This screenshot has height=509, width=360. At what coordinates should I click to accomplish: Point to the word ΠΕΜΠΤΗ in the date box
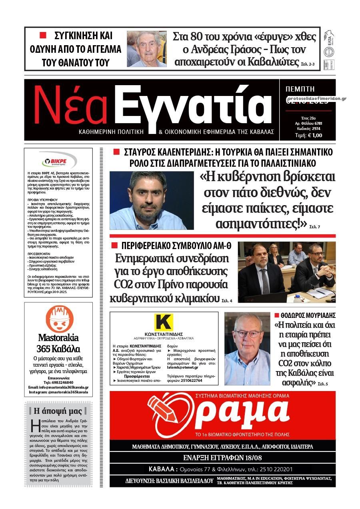[x=300, y=89]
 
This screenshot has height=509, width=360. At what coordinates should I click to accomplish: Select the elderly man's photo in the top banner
[x=147, y=49]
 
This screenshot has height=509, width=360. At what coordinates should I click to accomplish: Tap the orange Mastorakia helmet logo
[x=59, y=318]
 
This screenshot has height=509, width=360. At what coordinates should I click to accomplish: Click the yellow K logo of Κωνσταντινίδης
[x=164, y=322]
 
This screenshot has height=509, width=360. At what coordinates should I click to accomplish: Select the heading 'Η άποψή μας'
[x=58, y=411]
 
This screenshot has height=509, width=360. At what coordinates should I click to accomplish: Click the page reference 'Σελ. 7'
[x=315, y=227]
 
